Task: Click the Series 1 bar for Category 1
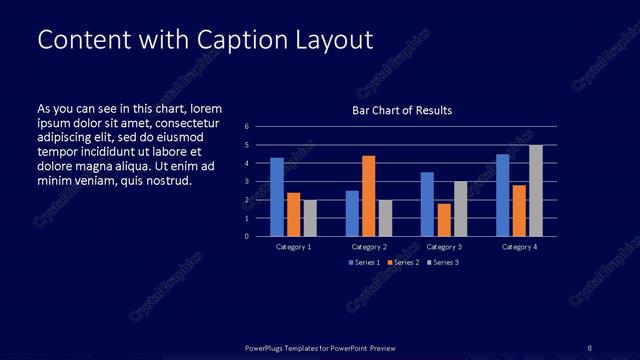pos(277,197)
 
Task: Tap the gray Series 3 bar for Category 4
pos(536,191)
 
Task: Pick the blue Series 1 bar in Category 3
pos(427,204)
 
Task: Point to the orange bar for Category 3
pos(443,220)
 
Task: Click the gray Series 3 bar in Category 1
pos(310,218)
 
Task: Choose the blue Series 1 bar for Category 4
pos(503,195)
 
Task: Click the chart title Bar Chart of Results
pos(402,111)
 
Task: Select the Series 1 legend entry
pos(363,262)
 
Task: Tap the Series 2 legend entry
pos(403,262)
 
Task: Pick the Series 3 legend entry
pos(443,262)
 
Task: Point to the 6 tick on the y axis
pos(246,127)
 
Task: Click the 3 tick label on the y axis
pos(246,182)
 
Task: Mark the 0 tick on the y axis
pos(246,237)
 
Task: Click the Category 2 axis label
pos(369,247)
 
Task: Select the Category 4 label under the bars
pos(519,247)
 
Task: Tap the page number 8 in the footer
pos(590,347)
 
